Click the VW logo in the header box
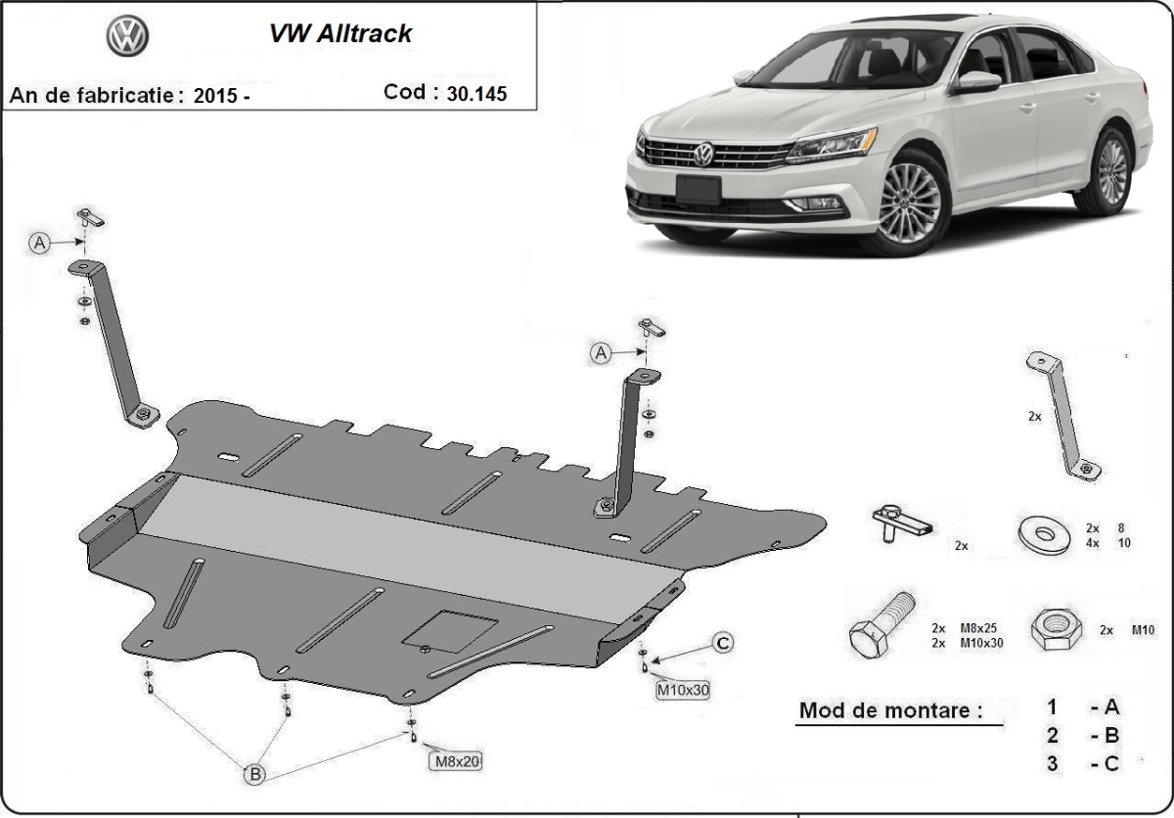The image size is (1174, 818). (x=127, y=39)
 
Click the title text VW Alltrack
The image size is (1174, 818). (x=340, y=33)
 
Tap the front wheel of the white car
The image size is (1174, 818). (x=908, y=202)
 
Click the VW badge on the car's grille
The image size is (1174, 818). (x=703, y=155)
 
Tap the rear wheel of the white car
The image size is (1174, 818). (x=1111, y=171)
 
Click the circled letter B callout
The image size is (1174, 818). (x=254, y=774)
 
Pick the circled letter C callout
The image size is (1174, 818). (x=722, y=643)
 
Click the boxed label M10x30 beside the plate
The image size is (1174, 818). (x=682, y=690)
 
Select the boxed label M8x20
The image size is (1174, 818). (x=455, y=760)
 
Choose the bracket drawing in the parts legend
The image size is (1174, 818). (x=1062, y=415)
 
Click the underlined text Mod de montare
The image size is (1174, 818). (x=890, y=711)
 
